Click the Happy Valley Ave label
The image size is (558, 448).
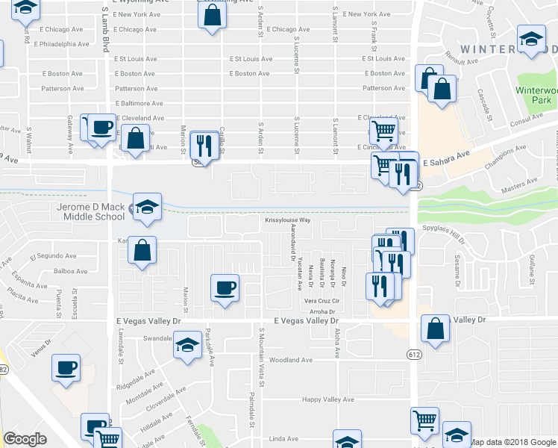pyautogui.click(x=327, y=399)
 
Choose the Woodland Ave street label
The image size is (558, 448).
pyautogui.click(x=290, y=360)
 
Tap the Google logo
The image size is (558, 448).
pyautogui.click(x=25, y=439)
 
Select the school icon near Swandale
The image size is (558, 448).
pyautogui.click(x=187, y=345)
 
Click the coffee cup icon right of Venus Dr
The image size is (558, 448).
pyautogui.click(x=66, y=367)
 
